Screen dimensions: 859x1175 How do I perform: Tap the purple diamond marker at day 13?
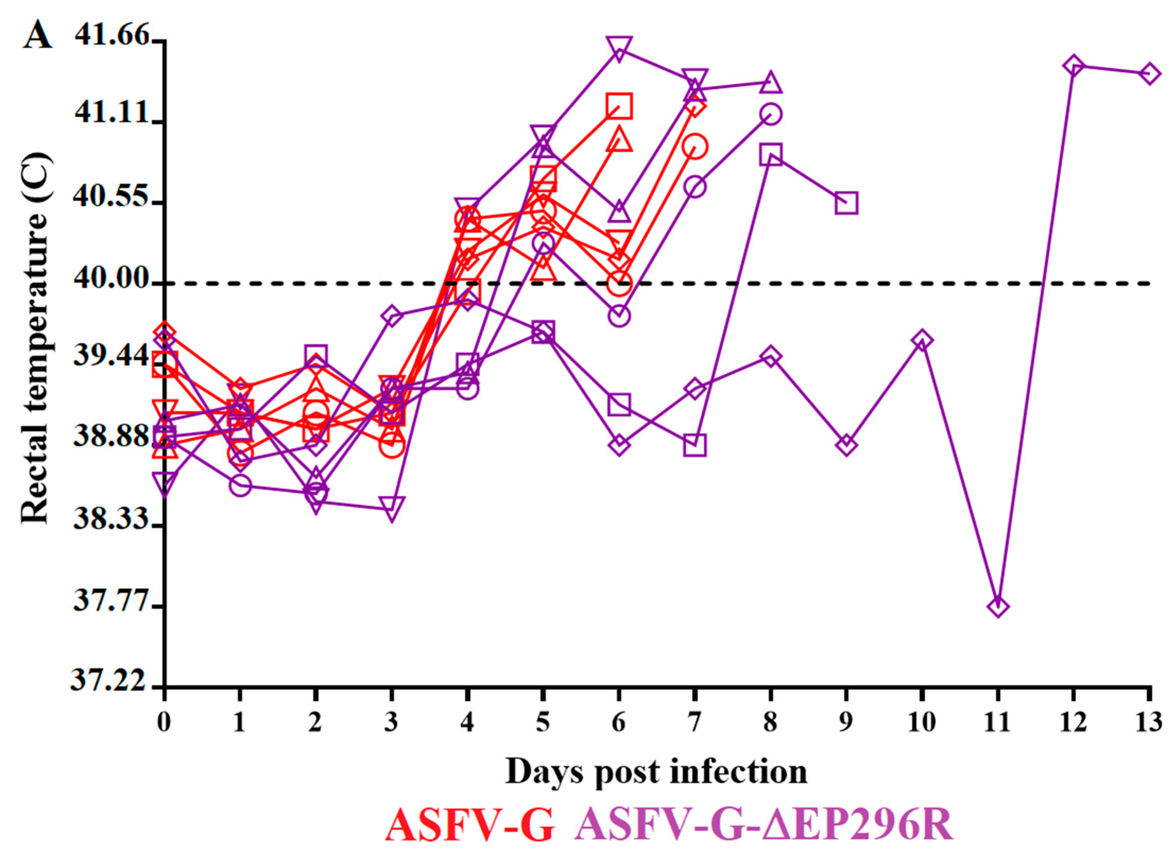[1148, 74]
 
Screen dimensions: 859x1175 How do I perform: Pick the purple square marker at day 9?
[846, 203]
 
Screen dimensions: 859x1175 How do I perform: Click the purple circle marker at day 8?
[771, 114]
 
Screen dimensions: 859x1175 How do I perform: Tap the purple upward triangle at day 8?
[771, 82]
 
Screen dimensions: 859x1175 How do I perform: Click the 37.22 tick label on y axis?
[109, 681]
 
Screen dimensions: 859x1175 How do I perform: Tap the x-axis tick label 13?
[1148, 722]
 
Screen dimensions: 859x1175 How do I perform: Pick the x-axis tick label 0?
[164, 722]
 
